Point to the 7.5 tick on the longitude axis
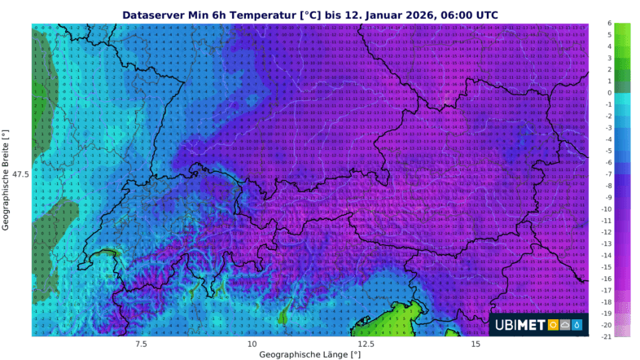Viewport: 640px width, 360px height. click(136, 344)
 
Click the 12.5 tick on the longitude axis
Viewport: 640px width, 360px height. click(367, 344)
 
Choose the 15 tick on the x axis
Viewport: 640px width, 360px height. click(483, 344)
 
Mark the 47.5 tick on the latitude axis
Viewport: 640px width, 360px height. click(20, 174)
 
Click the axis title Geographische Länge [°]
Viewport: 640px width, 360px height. click(309, 355)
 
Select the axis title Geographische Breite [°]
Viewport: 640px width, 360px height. click(7, 179)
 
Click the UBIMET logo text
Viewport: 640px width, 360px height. click(520, 325)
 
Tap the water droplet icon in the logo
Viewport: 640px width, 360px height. click(577, 325)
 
